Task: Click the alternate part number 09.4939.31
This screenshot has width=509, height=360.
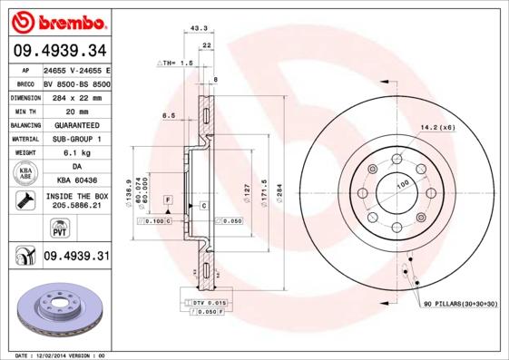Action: (x=75, y=257)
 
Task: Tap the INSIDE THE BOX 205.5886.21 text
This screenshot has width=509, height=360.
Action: (x=76, y=201)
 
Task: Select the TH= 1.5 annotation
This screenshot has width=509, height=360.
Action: (x=176, y=63)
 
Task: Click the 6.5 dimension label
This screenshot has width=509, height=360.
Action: (x=169, y=115)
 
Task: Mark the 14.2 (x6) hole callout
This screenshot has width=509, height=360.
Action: (x=438, y=127)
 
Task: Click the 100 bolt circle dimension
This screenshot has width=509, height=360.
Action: (x=402, y=184)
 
